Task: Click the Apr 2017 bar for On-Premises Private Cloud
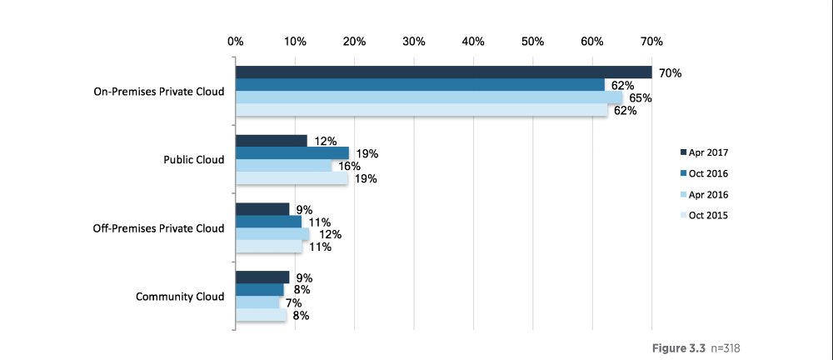point(443,72)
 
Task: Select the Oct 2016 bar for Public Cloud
point(292,153)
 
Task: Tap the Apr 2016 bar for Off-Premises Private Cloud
point(272,234)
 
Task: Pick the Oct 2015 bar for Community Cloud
point(261,315)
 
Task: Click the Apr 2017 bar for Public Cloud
point(272,141)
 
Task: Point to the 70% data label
point(670,73)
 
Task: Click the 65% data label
point(640,98)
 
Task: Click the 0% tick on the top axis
point(235,41)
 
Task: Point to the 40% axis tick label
point(473,41)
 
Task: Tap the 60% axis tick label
point(592,41)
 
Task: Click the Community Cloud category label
point(180,297)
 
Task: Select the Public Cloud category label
point(193,160)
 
